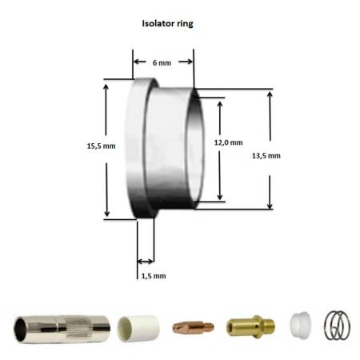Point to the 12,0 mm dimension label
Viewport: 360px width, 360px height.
[228, 142]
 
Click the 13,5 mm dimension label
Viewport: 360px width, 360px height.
[288, 155]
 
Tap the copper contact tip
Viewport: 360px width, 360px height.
[193, 326]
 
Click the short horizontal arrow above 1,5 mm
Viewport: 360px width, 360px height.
[146, 261]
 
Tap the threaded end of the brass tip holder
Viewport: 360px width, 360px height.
[272, 326]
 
